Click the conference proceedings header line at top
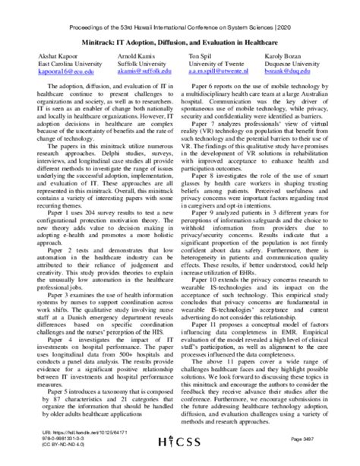pyautogui.click(x=179, y=10)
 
